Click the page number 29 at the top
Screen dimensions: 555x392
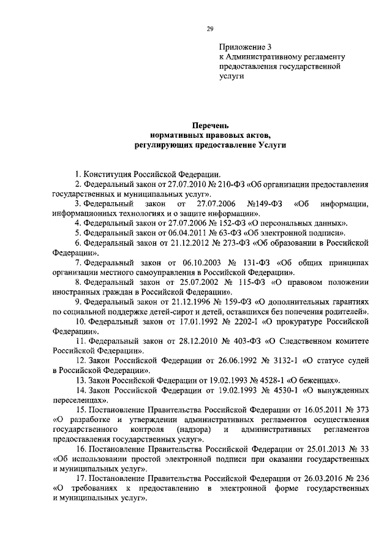tap(209, 29)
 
